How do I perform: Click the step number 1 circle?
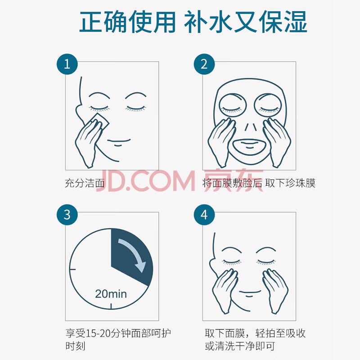[67, 64]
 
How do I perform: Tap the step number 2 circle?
[204, 64]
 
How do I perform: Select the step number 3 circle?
[67, 215]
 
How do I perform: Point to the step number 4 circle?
[204, 215]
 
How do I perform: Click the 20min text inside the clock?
[111, 294]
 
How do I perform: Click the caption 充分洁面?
[85, 183]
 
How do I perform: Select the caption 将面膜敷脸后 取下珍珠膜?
[259, 183]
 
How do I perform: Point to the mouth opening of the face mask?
[249, 147]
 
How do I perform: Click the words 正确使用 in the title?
[128, 22]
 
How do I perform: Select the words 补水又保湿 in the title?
[246, 22]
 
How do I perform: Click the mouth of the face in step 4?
[250, 293]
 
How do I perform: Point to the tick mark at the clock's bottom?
[111, 306]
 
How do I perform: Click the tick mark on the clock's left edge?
[72, 269]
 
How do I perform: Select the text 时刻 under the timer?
[75, 346]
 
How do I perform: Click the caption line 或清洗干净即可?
[240, 346]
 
